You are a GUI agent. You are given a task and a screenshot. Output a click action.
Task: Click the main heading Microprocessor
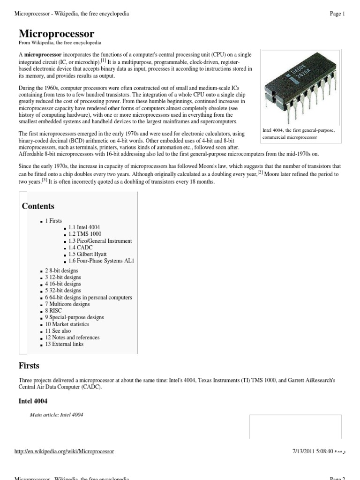click(56, 34)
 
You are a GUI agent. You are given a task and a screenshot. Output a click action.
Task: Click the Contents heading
click(38, 206)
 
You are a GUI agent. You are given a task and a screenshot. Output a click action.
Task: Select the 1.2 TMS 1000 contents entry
click(84, 234)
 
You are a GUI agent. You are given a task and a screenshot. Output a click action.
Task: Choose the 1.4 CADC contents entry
click(80, 247)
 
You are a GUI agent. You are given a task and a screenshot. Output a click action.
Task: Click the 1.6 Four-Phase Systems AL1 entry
click(101, 261)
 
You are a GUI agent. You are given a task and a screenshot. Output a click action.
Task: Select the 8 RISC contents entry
click(53, 311)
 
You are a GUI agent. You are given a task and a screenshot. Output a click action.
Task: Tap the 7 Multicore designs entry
click(67, 304)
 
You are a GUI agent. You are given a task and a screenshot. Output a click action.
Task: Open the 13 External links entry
click(64, 344)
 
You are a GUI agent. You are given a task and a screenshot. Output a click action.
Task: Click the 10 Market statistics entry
click(67, 324)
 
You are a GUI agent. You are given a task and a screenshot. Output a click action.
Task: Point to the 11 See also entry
click(58, 331)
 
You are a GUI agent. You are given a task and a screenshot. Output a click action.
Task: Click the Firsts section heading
click(29, 366)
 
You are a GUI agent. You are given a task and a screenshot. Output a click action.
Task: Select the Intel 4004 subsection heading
click(33, 401)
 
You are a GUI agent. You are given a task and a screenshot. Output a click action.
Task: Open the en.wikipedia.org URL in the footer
click(64, 451)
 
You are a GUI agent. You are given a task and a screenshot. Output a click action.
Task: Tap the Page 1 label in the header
click(337, 14)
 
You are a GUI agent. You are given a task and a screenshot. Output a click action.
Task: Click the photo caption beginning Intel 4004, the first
click(298, 134)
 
